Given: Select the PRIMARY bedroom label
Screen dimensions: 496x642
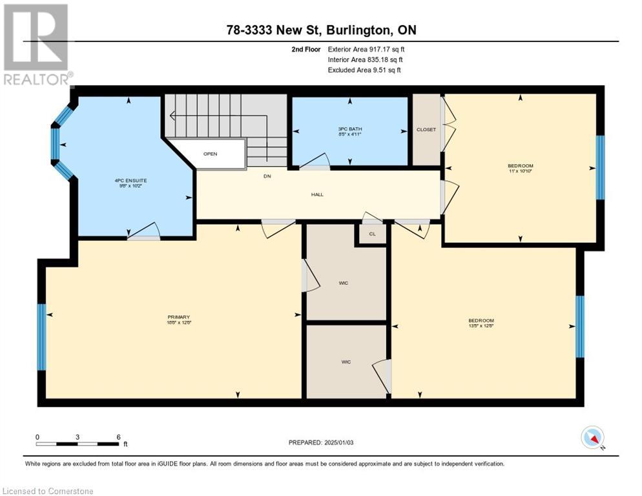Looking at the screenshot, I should pos(179,317).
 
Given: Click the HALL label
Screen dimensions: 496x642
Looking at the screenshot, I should pos(317,194).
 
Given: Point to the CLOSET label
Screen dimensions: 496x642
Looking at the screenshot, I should pos(426,129).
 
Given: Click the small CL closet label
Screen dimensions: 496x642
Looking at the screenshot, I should pos(372,234).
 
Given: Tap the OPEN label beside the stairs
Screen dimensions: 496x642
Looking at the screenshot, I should pos(210,154).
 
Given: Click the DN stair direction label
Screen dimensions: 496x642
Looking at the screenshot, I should pos(266,176).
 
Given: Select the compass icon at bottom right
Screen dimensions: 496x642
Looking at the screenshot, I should pos(592,438).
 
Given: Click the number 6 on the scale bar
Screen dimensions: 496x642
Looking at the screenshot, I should pos(118,437).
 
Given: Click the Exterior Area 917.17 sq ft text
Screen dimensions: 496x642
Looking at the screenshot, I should pos(366,49).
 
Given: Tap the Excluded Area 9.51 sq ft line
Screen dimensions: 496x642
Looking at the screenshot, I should pos(364,70).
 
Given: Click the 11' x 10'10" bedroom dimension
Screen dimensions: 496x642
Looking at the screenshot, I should pos(520,172).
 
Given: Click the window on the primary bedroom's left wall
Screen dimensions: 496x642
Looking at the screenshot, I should pos(41,337).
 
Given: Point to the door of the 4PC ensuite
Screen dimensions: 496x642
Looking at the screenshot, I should pos(143,232).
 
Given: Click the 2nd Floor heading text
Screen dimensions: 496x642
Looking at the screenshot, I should pos(305,49).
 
